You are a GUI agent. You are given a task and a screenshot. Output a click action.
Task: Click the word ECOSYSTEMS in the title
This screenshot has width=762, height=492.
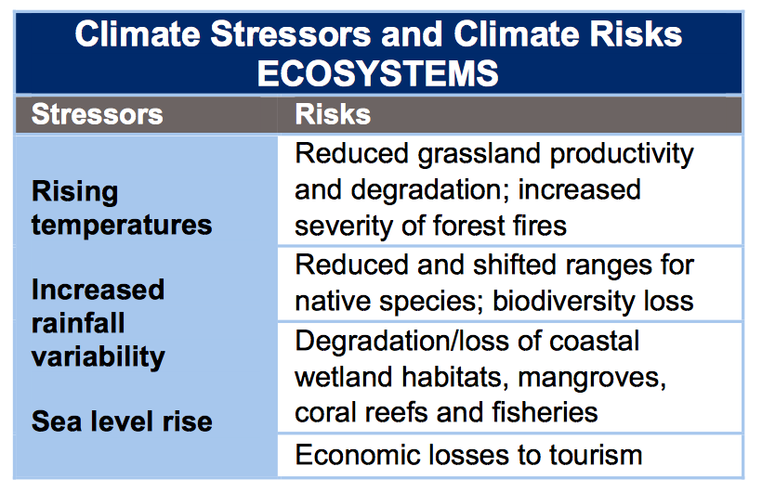[x=377, y=73]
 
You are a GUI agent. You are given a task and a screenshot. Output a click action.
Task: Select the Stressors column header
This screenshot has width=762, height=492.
[x=98, y=114]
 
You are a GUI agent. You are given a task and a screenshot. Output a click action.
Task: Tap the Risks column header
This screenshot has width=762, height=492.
[x=333, y=114]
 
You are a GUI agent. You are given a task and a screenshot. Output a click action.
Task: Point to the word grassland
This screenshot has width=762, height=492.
[x=480, y=154]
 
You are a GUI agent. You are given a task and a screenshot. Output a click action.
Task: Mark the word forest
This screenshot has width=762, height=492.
[x=468, y=226]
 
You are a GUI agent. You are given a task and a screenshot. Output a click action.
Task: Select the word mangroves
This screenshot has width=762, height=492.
[x=592, y=378]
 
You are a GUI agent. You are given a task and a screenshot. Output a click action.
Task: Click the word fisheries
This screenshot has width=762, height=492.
[x=545, y=413]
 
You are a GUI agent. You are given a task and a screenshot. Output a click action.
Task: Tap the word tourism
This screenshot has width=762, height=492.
[x=596, y=456]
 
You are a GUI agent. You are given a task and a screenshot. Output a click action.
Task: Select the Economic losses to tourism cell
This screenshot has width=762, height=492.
[x=510, y=455]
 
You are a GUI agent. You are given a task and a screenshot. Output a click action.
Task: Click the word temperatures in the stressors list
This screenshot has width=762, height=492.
[x=122, y=226]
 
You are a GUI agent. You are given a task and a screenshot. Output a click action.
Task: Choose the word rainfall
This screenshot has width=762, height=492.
[x=78, y=323]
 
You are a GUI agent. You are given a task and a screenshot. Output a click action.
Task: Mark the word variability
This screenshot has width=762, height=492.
[x=99, y=357]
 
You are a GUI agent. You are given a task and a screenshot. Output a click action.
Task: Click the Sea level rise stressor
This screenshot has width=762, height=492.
[x=122, y=421]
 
